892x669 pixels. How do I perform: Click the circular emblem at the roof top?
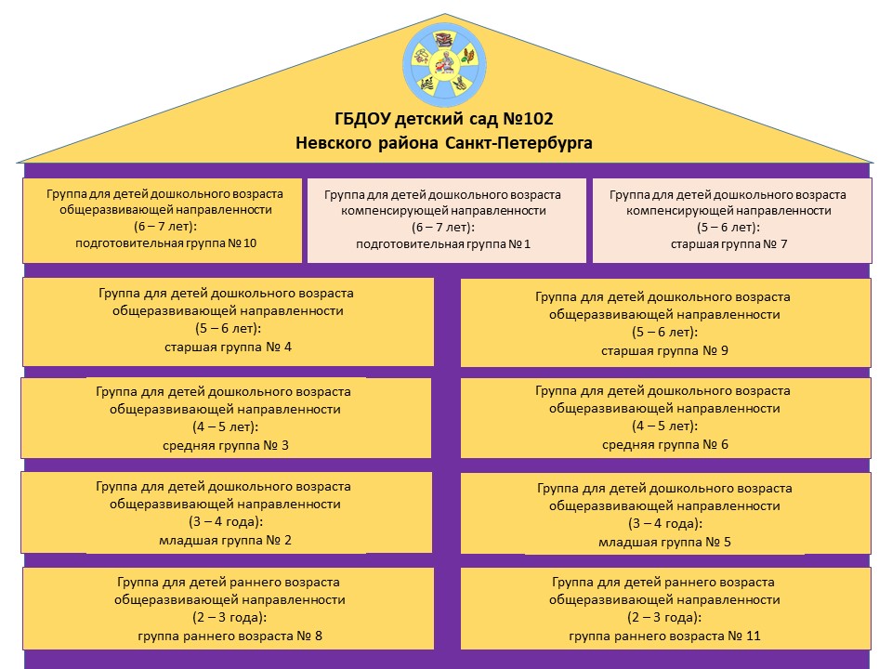click(445, 62)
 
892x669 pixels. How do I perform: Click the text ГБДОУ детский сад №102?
click(444, 119)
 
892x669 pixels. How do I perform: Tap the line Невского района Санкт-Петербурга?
click(444, 143)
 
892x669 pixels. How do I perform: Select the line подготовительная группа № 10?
click(164, 243)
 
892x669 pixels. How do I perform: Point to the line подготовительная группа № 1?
click(442, 244)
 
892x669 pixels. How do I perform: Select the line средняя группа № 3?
click(226, 445)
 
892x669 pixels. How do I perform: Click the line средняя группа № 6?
click(664, 444)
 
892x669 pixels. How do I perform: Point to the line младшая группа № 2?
click(226, 540)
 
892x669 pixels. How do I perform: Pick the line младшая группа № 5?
click(664, 542)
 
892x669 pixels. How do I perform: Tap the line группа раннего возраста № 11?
click(664, 636)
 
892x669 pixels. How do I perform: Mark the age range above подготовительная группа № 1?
click(442, 228)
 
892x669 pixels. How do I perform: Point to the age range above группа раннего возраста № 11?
click(664, 618)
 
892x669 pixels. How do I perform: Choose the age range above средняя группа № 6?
click(664, 426)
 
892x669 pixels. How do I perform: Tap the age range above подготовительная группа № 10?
click(164, 226)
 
